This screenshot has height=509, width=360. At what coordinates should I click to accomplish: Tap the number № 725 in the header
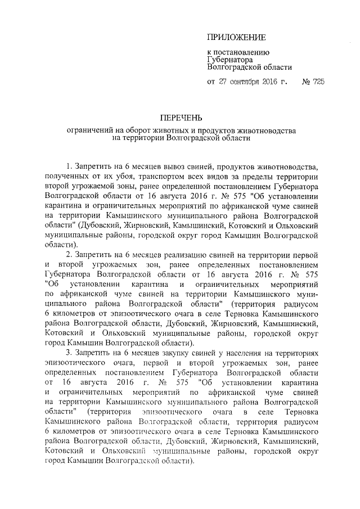point(313,81)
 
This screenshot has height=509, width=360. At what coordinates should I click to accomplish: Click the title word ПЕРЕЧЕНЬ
point(180,119)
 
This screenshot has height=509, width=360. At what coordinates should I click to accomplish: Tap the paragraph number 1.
point(69,167)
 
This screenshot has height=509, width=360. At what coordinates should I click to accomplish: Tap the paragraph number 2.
point(69,255)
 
